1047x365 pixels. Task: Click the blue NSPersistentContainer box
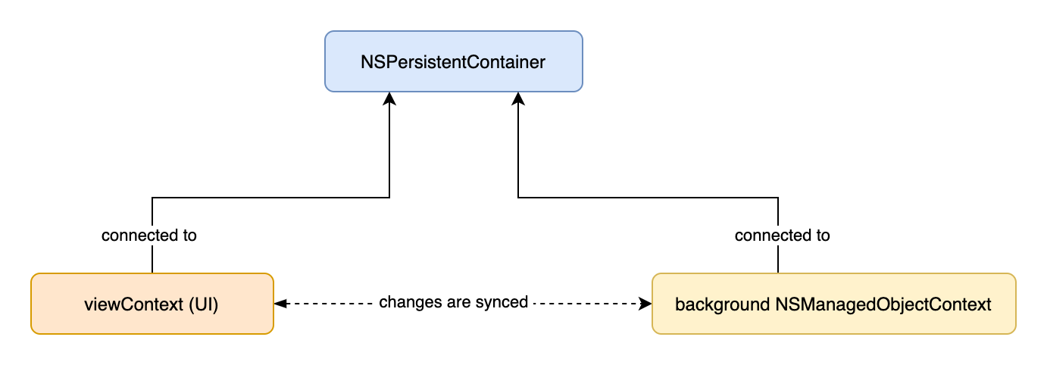(453, 61)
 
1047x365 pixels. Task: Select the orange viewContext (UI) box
(152, 304)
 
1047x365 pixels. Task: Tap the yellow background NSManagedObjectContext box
(834, 304)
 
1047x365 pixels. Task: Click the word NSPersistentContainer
(453, 62)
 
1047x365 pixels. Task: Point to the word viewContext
(133, 304)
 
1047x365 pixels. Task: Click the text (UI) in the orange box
(204, 304)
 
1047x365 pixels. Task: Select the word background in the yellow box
(722, 304)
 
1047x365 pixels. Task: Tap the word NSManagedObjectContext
(883, 304)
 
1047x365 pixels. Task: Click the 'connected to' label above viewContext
(149, 235)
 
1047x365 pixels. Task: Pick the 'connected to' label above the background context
(783, 235)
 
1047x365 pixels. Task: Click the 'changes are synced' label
(453, 302)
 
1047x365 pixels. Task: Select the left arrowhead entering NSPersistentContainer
(389, 98)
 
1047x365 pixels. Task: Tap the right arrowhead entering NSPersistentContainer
(518, 98)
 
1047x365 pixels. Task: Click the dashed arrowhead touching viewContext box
(281, 304)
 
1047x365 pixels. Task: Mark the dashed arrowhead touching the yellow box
(645, 304)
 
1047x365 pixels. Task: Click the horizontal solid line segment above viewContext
(270, 198)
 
